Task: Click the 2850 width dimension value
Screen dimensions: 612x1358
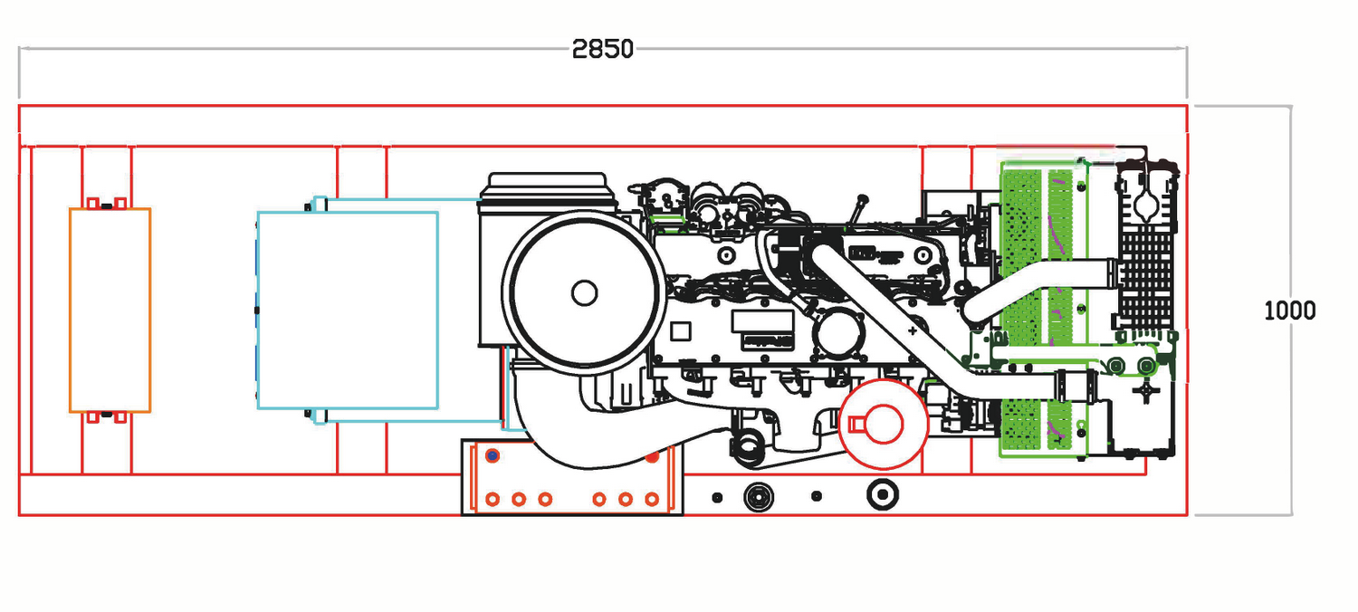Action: [x=602, y=49]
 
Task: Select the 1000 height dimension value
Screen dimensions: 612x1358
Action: [x=1289, y=311]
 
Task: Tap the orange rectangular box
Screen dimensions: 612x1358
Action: [x=110, y=310]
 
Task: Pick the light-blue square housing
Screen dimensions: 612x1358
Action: [x=348, y=310]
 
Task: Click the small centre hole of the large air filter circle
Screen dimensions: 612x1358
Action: [x=584, y=292]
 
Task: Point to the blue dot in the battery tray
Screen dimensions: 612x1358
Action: [x=492, y=455]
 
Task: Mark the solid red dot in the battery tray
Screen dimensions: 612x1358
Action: [x=652, y=457]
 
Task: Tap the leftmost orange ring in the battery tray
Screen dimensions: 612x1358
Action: [x=493, y=499]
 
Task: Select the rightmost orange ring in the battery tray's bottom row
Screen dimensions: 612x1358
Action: [x=651, y=499]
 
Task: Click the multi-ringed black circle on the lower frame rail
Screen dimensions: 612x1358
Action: [x=757, y=496]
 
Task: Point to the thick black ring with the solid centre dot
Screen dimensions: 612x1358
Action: [x=882, y=493]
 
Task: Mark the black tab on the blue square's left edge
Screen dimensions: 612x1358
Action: [x=257, y=310]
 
